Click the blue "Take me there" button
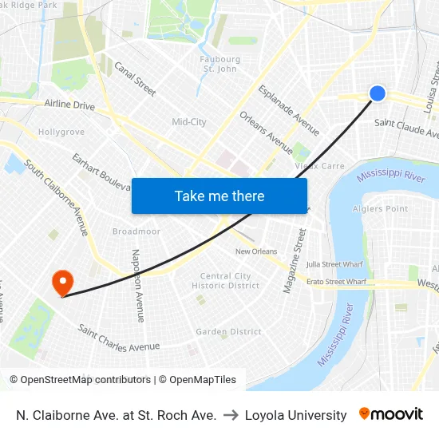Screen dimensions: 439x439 pos(219,196)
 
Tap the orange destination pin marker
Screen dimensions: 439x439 pos(62,283)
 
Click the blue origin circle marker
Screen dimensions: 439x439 pos(378,93)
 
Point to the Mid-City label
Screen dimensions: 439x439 pos(189,122)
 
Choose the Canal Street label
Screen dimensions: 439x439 pos(135,79)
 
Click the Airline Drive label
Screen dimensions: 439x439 pos(69,105)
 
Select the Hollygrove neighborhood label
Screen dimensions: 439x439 pos(61,131)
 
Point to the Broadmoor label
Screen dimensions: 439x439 pos(136,231)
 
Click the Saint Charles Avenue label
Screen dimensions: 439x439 pos(119,339)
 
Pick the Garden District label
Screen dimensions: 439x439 pos(228,331)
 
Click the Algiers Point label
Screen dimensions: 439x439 pos(380,209)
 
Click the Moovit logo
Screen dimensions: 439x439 pos(390,414)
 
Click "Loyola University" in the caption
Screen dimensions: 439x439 pos(295,415)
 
